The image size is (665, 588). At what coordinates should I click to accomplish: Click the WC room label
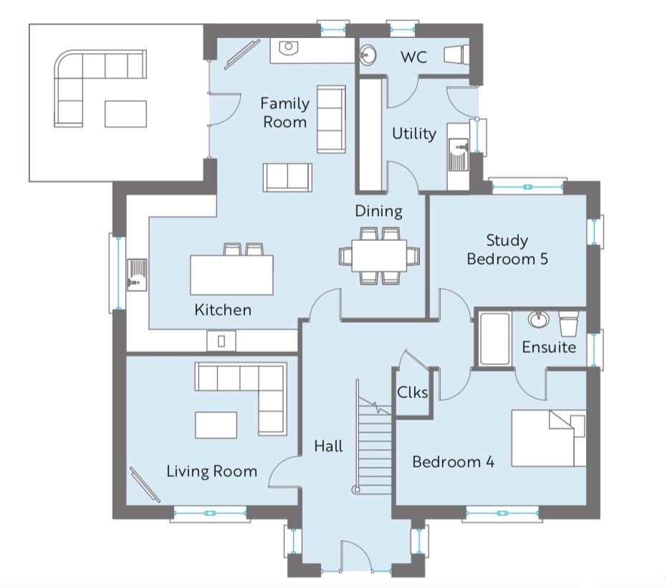(x=413, y=57)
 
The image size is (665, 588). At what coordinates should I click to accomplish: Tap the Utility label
(x=414, y=133)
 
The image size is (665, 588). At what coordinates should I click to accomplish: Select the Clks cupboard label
(x=412, y=392)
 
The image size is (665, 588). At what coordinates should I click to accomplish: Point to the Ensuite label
(x=549, y=347)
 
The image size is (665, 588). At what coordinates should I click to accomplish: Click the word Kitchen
(x=223, y=310)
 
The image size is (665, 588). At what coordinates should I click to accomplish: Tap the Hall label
(x=329, y=446)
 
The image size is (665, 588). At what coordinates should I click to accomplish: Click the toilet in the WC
(x=456, y=54)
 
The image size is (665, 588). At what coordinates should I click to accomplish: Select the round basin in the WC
(x=368, y=54)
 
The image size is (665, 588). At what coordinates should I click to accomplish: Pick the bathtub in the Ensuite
(x=494, y=338)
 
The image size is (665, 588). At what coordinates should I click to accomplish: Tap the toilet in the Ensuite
(x=569, y=323)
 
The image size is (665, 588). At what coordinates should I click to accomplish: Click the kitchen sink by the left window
(x=137, y=275)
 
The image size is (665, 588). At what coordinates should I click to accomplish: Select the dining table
(x=379, y=256)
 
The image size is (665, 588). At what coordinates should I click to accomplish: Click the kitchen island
(x=231, y=275)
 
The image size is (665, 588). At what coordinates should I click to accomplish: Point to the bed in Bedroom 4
(x=549, y=438)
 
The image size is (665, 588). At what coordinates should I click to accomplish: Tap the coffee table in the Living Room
(x=216, y=425)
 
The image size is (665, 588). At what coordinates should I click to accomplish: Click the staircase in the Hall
(x=374, y=437)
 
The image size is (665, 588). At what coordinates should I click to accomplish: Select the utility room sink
(x=459, y=154)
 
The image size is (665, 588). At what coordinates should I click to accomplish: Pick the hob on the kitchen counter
(x=221, y=341)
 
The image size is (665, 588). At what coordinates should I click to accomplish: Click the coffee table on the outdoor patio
(x=125, y=114)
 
